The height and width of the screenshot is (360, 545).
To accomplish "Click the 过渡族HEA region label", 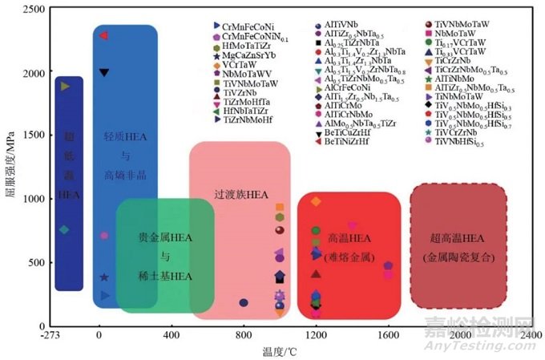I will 240,194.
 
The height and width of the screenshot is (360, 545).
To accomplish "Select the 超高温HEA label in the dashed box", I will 459,238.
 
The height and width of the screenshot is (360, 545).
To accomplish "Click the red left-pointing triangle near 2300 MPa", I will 103,35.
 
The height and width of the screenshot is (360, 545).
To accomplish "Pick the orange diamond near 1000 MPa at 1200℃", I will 316,200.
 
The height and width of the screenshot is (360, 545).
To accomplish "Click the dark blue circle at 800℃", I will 244,302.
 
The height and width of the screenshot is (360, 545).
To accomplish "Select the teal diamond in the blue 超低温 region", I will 65,230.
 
